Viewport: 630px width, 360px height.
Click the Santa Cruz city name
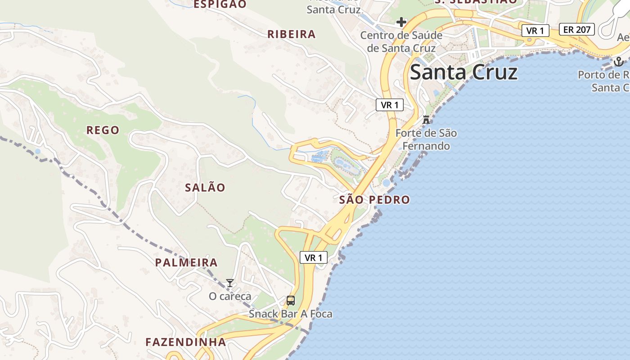click(463, 72)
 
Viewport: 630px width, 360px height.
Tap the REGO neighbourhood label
click(103, 130)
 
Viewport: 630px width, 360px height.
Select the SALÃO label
click(205, 188)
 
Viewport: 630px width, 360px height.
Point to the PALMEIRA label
click(186, 263)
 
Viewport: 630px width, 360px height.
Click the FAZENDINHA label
click(185, 342)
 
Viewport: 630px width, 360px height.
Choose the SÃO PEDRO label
click(374, 200)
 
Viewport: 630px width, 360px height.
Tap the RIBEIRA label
click(292, 35)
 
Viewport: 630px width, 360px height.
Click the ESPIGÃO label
click(220, 4)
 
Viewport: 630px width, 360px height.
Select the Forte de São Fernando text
click(426, 139)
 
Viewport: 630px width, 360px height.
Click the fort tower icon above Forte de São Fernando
click(426, 120)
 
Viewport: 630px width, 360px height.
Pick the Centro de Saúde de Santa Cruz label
click(401, 41)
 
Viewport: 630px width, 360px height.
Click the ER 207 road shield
click(577, 30)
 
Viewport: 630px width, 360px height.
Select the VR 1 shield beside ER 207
click(535, 31)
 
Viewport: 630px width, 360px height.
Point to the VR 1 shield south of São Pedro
click(313, 257)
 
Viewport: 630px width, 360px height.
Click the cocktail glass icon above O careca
click(230, 283)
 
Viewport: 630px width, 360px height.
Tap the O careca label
click(230, 297)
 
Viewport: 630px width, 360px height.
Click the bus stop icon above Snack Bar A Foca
click(291, 300)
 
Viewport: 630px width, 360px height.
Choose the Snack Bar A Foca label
click(291, 314)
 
